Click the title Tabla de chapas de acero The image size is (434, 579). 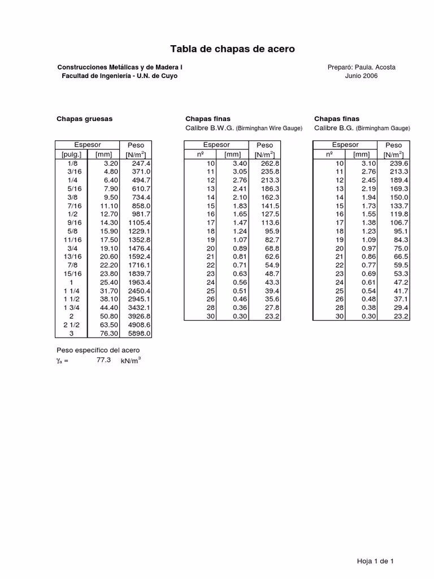click(232, 50)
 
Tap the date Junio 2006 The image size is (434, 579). click(362, 76)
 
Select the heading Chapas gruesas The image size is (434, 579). click(85, 119)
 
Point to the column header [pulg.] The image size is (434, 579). click(72, 154)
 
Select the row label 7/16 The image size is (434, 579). click(72, 206)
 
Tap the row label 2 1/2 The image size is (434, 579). click(72, 325)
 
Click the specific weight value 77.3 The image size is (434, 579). click(104, 360)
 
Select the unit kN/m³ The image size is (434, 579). click(130, 361)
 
